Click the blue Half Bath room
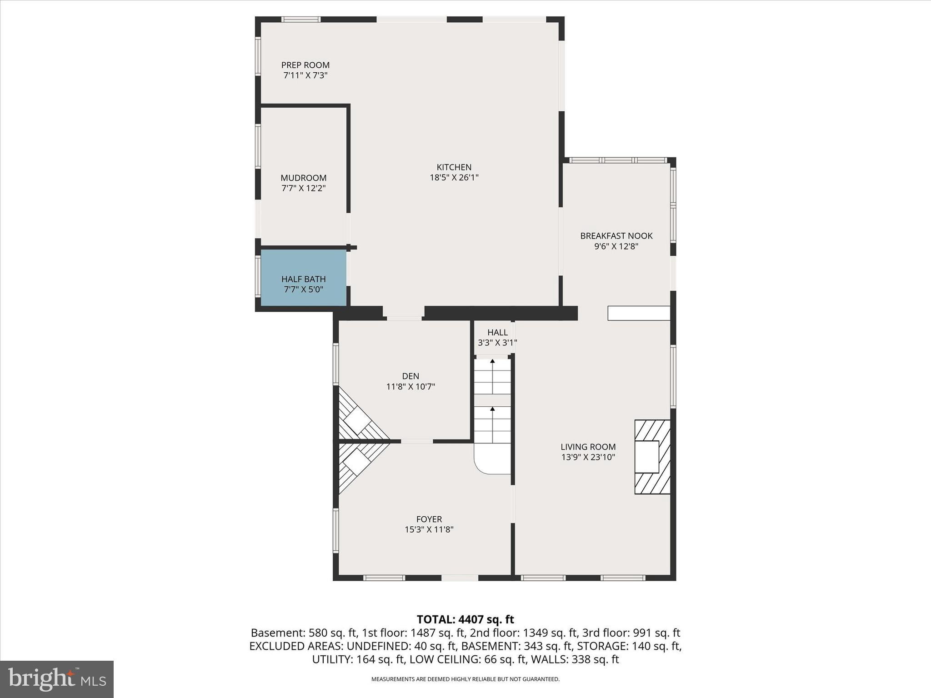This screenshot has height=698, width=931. pos(303,278)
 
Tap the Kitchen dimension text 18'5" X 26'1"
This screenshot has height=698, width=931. pos(454,178)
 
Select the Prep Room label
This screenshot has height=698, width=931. pos(305,65)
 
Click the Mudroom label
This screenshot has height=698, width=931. pos(303,178)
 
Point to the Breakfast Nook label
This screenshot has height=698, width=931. pos(616,236)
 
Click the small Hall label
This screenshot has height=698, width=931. pos(497,332)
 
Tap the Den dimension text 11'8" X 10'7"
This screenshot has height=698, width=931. pos(410,387)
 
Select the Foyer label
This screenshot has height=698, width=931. pos(429,519)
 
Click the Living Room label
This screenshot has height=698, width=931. pos(588,447)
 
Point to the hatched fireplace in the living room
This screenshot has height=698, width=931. pos(652,457)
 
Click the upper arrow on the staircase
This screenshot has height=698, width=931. pos(492,362)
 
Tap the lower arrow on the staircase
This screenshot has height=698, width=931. pos(492,409)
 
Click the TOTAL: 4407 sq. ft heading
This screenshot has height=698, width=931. pos(465,619)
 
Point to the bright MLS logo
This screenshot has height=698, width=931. pos(57,679)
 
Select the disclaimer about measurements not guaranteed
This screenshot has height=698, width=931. pos(465,679)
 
